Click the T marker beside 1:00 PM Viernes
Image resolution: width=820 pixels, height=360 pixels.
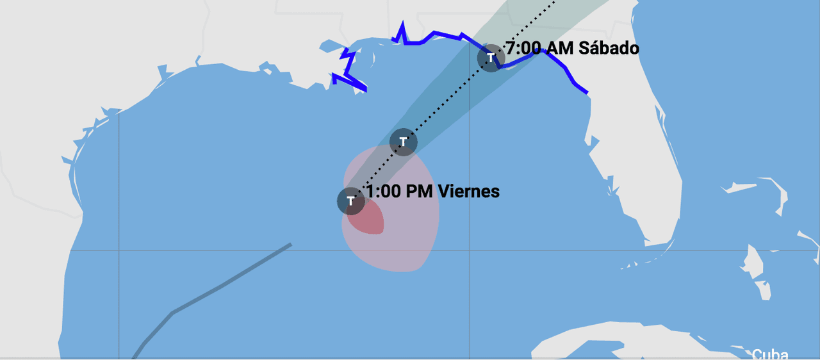tap(351, 200)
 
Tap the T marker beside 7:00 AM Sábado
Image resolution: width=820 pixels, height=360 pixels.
tap(491, 58)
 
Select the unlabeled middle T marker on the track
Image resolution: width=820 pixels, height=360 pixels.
tap(404, 142)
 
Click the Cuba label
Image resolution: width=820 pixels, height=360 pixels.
tap(769, 354)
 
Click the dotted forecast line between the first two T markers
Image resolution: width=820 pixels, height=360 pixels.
tap(377, 171)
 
